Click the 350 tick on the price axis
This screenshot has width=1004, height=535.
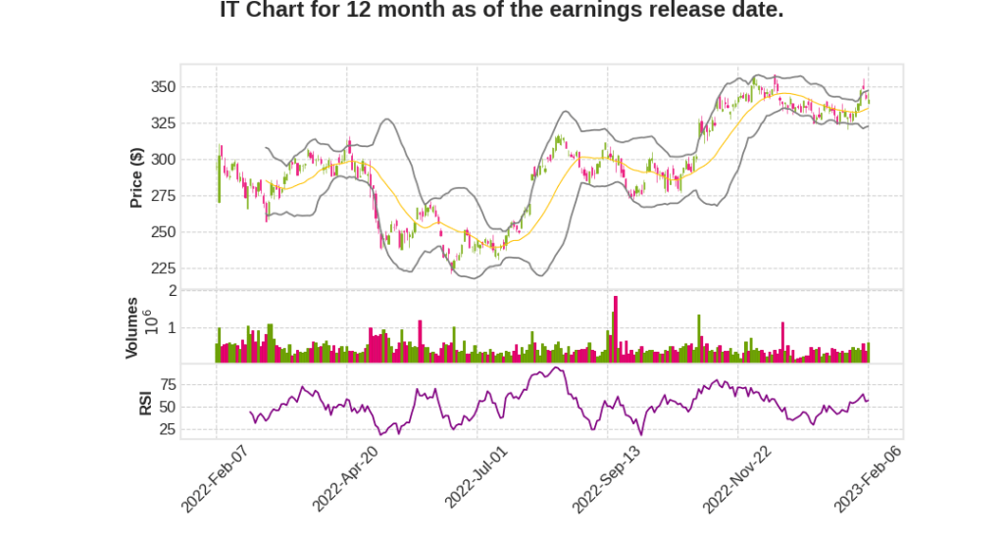click(x=163, y=87)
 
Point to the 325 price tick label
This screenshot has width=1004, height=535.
click(x=163, y=123)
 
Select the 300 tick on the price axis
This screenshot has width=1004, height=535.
click(x=163, y=160)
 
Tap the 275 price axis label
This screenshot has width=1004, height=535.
click(x=163, y=196)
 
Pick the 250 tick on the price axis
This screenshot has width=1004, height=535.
click(x=163, y=232)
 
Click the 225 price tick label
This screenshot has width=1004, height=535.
click(x=163, y=268)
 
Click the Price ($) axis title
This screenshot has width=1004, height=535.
click(x=136, y=177)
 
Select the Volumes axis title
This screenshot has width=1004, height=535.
click(x=131, y=327)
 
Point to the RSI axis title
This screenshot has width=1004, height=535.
click(x=144, y=403)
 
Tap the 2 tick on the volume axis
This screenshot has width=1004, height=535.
click(x=173, y=291)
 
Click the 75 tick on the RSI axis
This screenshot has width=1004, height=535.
click(x=167, y=384)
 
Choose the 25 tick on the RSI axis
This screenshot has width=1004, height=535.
click(x=167, y=429)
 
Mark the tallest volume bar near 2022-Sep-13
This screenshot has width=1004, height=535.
click(x=615, y=329)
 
